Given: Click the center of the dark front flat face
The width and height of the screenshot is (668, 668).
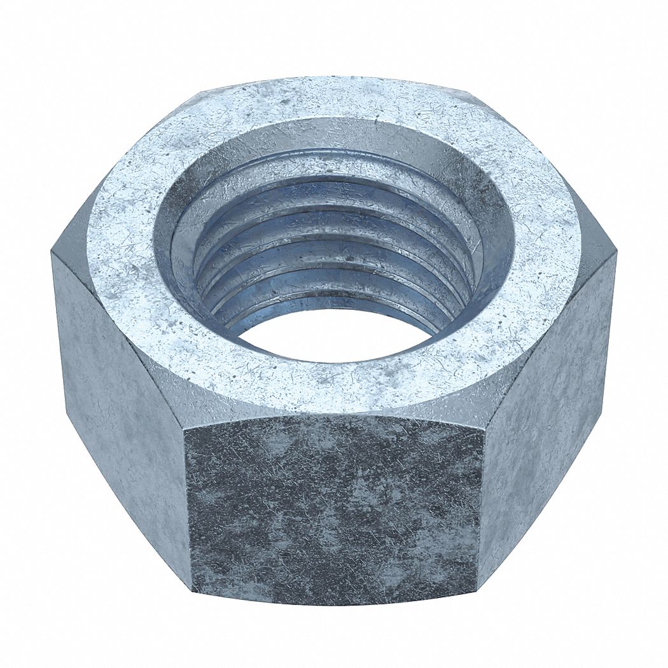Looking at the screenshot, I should [334, 509].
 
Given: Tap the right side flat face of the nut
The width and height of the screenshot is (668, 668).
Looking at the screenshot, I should [547, 407].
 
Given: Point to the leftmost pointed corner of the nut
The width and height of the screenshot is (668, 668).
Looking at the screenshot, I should [52, 254].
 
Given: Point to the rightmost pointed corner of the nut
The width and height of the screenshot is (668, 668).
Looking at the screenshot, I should [616, 254].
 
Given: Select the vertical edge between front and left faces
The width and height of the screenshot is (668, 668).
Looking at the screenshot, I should [188, 509].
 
